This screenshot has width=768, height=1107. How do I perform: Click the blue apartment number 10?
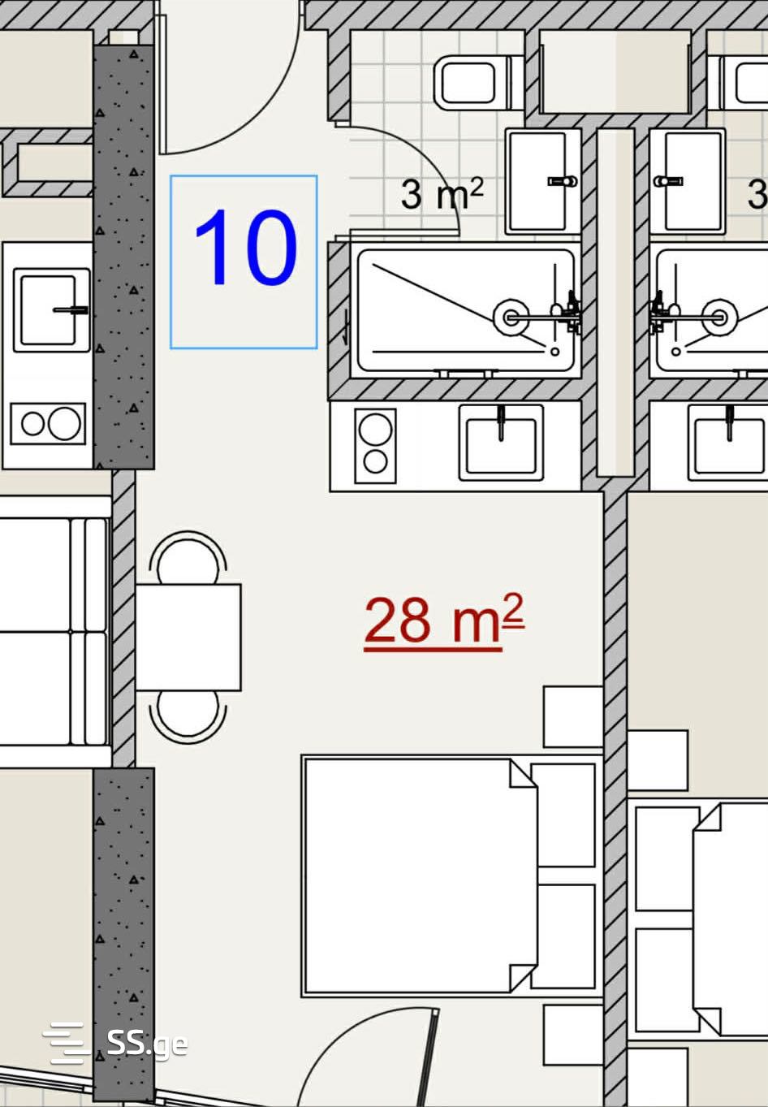click(246, 247)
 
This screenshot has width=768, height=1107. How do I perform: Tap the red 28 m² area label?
click(443, 621)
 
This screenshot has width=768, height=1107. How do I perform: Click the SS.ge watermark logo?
click(115, 1044)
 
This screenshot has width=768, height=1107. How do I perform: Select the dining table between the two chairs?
click(188, 637)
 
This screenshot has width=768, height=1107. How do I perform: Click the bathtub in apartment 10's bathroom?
click(465, 310)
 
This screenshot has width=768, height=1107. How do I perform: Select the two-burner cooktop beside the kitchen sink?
click(375, 445)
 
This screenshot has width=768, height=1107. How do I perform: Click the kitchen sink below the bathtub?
click(501, 443)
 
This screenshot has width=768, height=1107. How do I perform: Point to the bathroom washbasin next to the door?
click(543, 181)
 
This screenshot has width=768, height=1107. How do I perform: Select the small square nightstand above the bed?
click(573, 716)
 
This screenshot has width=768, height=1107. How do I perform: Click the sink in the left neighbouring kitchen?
click(51, 310)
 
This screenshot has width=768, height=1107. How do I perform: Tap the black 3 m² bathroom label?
click(442, 193)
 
